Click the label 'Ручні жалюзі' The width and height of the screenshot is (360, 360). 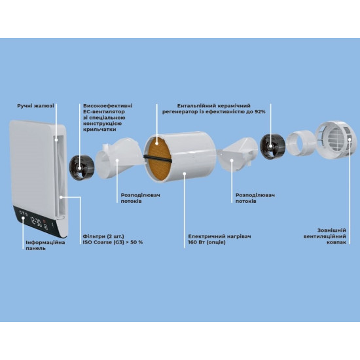point(35,106)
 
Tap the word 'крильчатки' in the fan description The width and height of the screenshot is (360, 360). point(99,130)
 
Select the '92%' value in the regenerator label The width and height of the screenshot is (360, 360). point(260,112)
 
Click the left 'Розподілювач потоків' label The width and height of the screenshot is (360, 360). point(141,198)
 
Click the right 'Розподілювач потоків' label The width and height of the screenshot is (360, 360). point(255,198)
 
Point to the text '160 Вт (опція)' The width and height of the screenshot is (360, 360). point(207,242)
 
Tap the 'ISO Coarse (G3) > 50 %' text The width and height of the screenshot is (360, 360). point(113,242)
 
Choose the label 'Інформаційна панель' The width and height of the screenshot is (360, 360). point(45,245)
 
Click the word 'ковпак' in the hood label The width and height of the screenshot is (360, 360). point(336,242)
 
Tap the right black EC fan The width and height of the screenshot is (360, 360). point(272,147)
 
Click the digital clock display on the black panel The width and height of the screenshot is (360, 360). point(36,222)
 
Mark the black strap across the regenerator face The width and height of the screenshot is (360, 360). point(158,158)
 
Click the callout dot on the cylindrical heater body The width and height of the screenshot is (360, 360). point(185,174)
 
